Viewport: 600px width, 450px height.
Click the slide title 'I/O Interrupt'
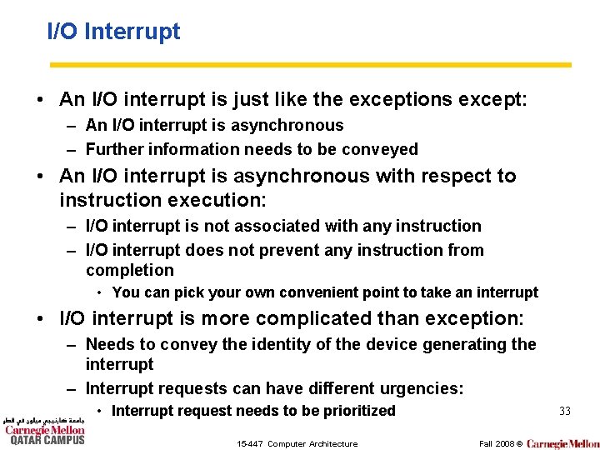point(113,32)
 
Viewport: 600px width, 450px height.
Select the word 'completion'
point(130,270)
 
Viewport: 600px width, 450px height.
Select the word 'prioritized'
point(355,411)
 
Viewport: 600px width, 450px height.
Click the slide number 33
point(564,411)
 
